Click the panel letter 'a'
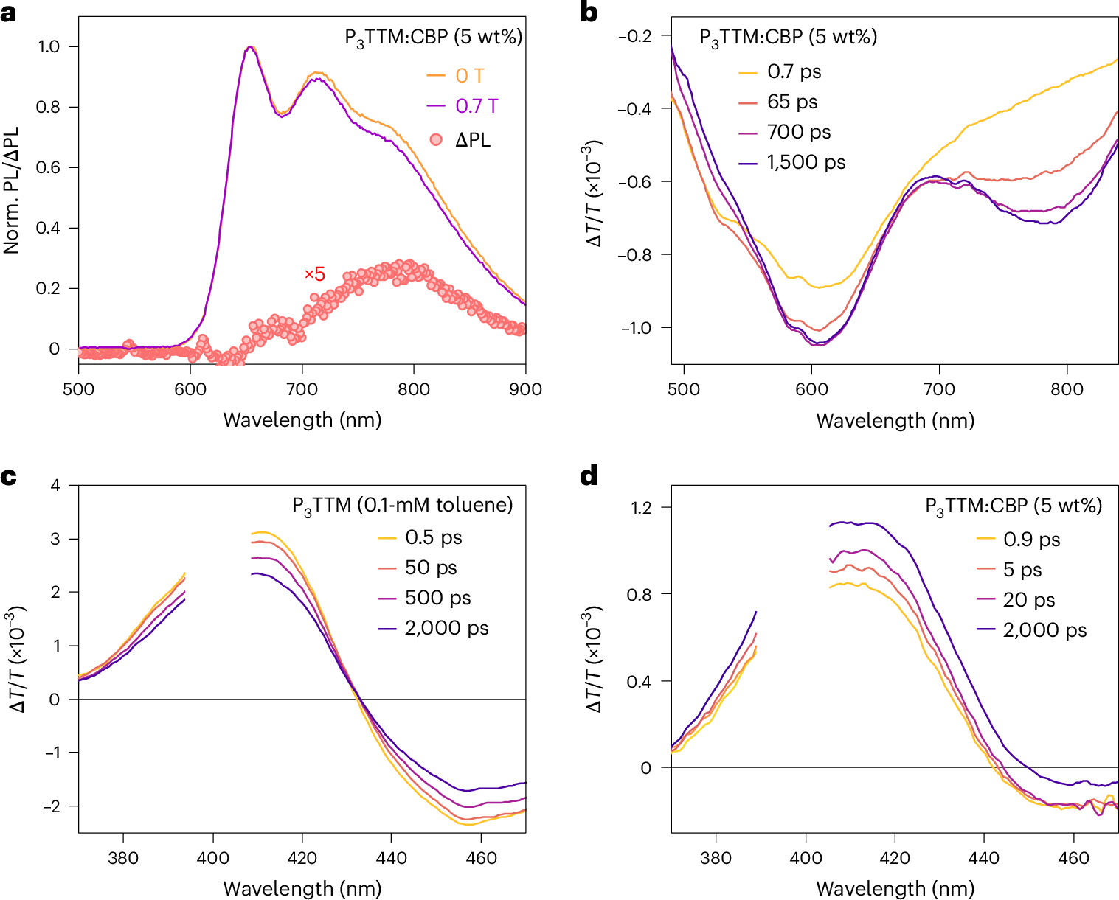pyautogui.click(x=9, y=13)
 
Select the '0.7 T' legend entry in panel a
pyautogui.click(x=477, y=106)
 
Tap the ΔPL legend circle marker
pyautogui.click(x=436, y=139)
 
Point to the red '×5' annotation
pyautogui.click(x=315, y=274)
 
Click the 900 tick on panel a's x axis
pyautogui.click(x=525, y=389)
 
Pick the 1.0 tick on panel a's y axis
pyautogui.click(x=49, y=46)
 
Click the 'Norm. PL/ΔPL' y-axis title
pyautogui.click(x=12, y=191)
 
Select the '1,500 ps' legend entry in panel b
pyautogui.click(x=806, y=162)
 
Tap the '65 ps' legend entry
pyautogui.click(x=792, y=102)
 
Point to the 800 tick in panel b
pyautogui.click(x=1067, y=389)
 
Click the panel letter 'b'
pyautogui.click(x=589, y=13)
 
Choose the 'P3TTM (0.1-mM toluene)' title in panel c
pyautogui.click(x=403, y=506)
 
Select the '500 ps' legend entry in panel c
pyautogui.click(x=437, y=598)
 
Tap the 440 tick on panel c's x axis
pyautogui.click(x=392, y=858)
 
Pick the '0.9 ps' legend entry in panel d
pyautogui.click(x=1031, y=540)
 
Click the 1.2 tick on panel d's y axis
pyautogui.click(x=641, y=507)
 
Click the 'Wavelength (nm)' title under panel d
pyautogui.click(x=895, y=889)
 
